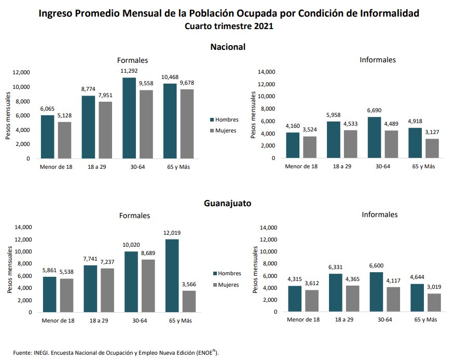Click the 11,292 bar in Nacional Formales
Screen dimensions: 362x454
(129, 118)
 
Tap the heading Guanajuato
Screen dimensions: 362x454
(227, 203)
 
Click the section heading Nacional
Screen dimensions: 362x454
(227, 47)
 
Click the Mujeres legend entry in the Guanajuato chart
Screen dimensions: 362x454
(226, 285)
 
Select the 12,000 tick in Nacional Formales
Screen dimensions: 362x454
(22, 72)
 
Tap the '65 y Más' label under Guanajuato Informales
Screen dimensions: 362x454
(424, 319)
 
